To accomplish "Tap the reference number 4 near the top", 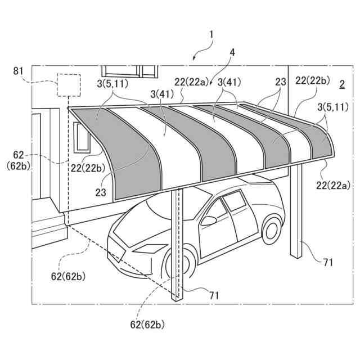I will [232, 53].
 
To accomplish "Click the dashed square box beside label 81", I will [67, 85].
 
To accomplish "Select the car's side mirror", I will [209, 220].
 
